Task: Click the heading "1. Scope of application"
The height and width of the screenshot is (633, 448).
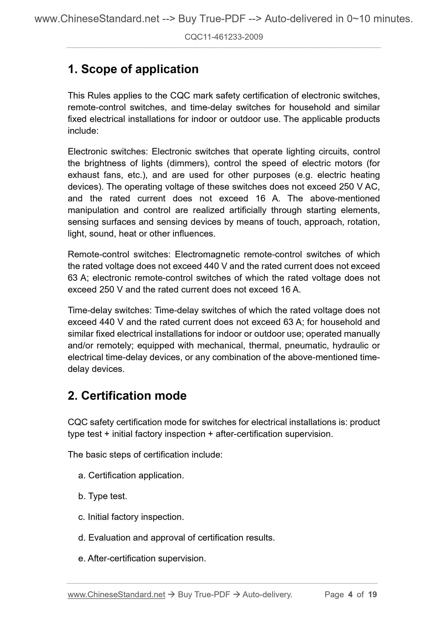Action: [133, 69]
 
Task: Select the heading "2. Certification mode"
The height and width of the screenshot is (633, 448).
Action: [127, 395]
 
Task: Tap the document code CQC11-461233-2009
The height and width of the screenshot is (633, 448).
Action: [224, 37]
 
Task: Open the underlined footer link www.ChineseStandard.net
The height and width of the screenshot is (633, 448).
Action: [116, 594]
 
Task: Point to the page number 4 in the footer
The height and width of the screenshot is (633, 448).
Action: [350, 594]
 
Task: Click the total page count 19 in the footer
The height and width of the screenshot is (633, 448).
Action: [372, 594]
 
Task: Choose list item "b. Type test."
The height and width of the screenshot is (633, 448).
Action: [103, 496]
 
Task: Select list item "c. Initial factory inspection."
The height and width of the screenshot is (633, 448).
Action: [131, 517]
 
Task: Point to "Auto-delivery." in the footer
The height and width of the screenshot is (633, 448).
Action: [268, 594]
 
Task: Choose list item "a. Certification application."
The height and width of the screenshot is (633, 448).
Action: [131, 475]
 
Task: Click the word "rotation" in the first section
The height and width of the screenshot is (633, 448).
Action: [363, 222]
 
